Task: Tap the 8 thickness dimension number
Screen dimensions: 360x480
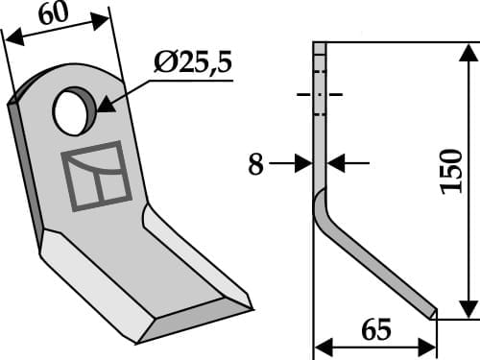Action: pyautogui.click(x=255, y=165)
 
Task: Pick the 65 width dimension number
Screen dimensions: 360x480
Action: pyautogui.click(x=377, y=331)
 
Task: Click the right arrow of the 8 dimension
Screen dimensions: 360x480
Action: pyautogui.click(x=336, y=164)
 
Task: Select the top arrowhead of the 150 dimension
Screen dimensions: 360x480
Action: pyautogui.click(x=467, y=50)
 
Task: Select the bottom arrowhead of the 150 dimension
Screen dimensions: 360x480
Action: pyautogui.click(x=467, y=309)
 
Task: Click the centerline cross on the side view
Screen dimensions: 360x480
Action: pyautogui.click(x=320, y=95)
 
